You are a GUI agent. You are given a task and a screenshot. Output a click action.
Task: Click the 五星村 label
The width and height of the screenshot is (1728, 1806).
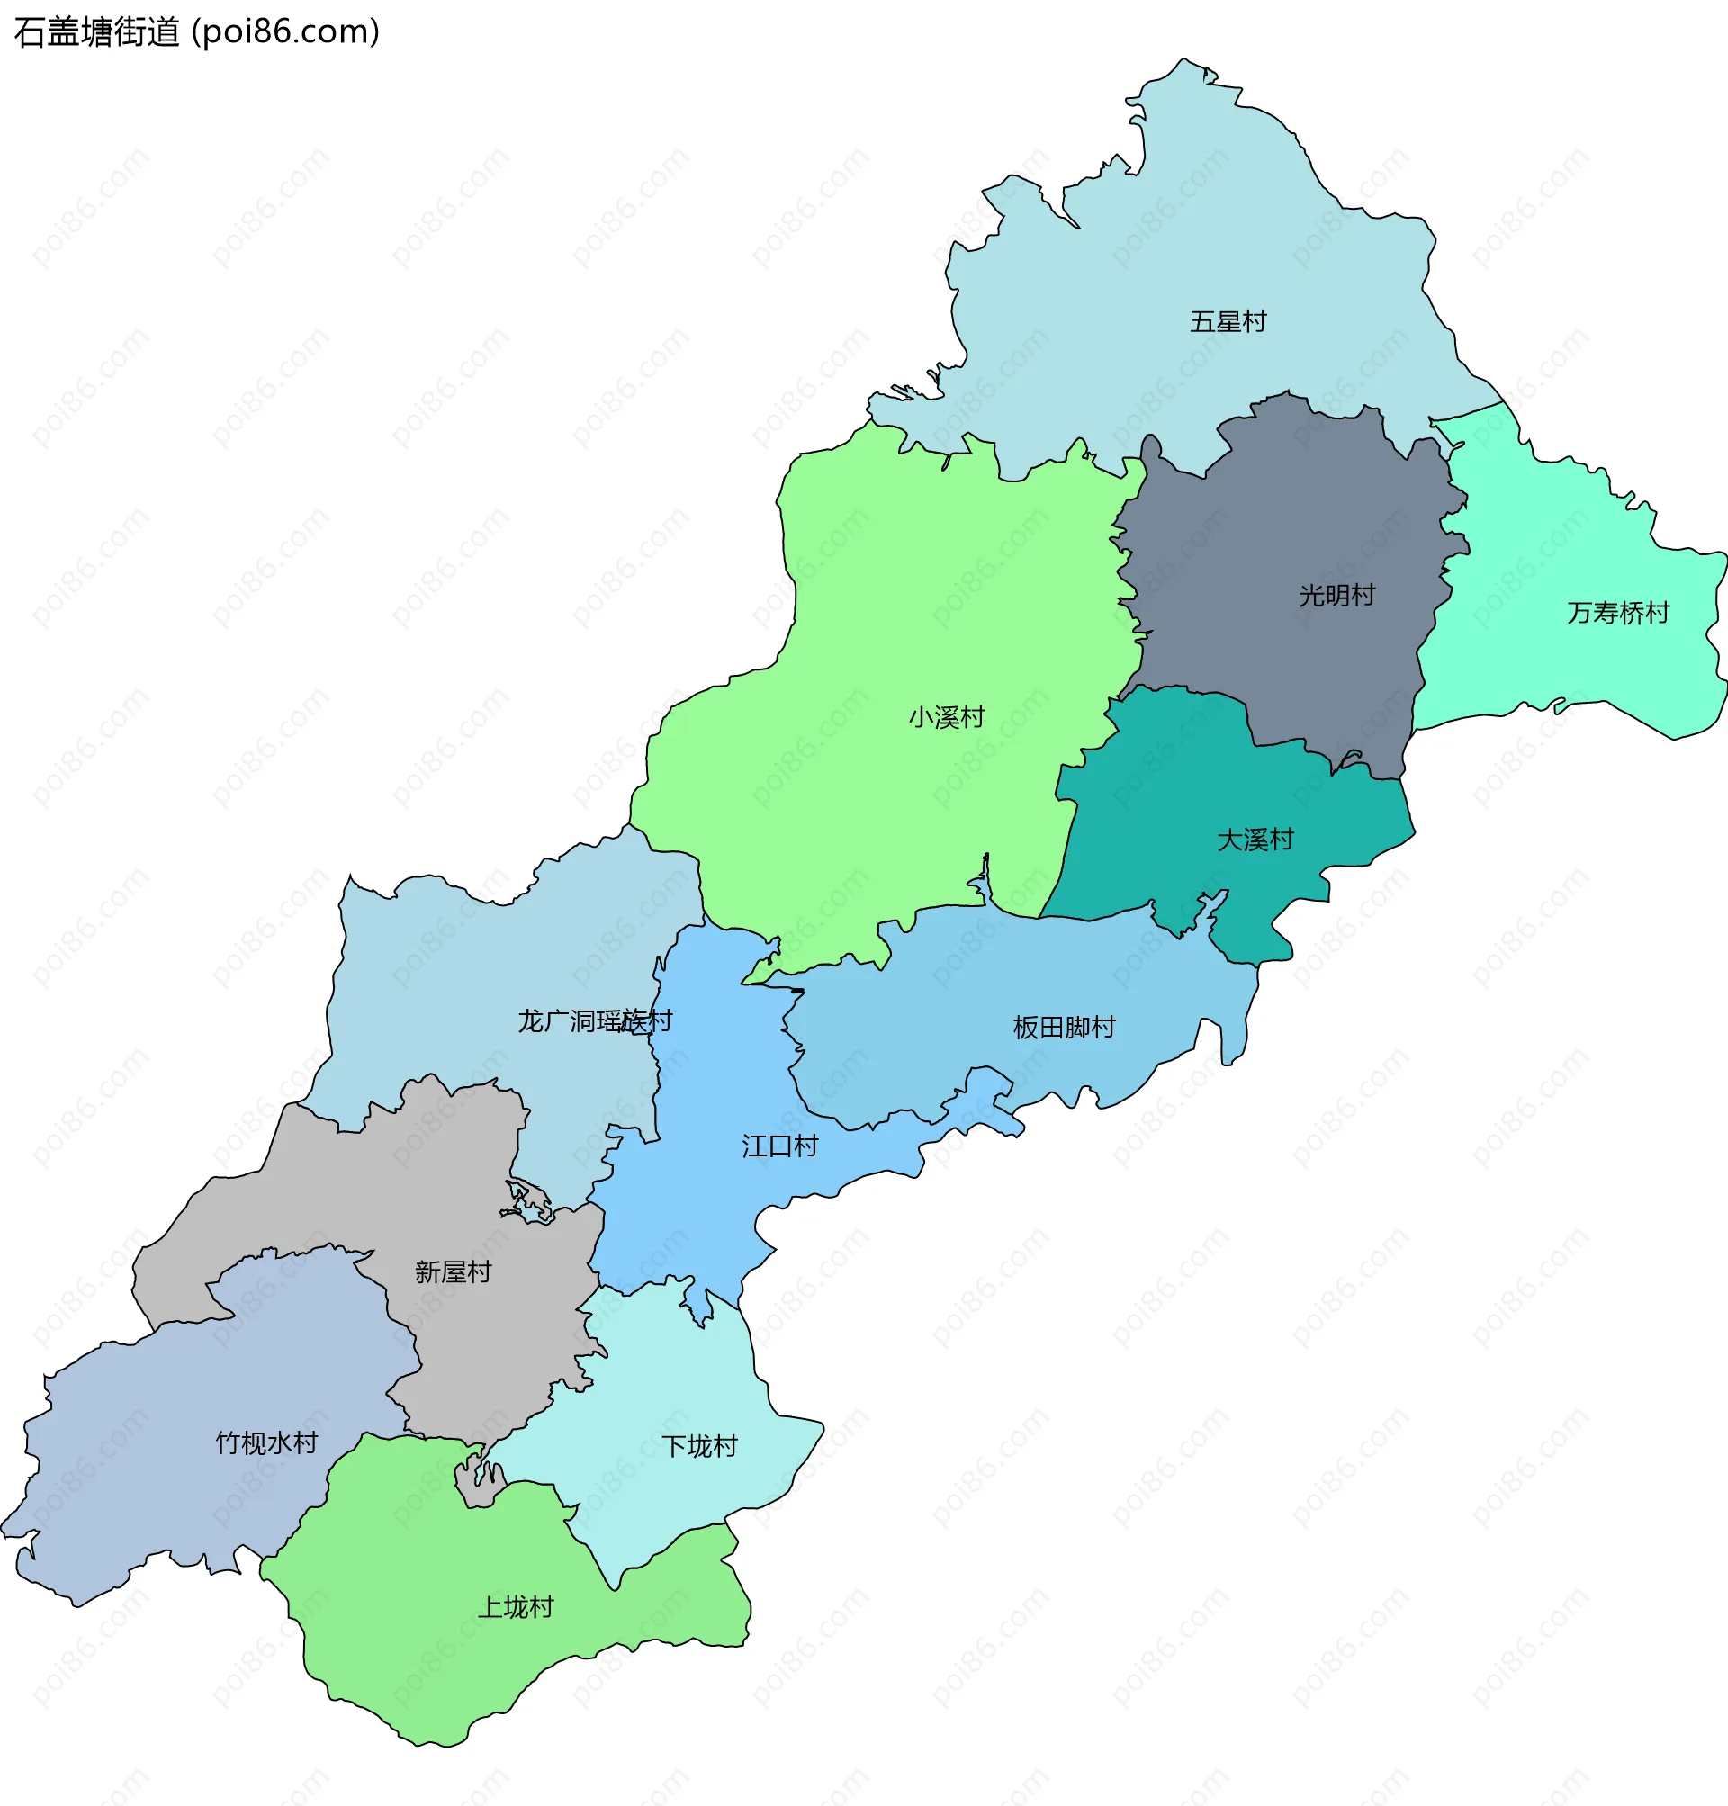(1228, 321)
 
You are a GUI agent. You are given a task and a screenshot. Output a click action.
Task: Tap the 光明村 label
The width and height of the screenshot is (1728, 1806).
(1336, 595)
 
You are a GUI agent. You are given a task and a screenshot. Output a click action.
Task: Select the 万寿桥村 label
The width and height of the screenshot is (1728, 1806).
(1617, 613)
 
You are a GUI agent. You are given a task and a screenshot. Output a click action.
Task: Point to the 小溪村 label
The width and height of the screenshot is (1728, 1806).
(946, 716)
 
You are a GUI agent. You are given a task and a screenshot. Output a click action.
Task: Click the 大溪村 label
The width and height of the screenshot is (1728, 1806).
(1255, 839)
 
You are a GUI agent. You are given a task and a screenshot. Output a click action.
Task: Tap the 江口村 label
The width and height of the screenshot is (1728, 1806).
(779, 1146)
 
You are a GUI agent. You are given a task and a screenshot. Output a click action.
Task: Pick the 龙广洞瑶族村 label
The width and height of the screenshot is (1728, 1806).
(594, 1020)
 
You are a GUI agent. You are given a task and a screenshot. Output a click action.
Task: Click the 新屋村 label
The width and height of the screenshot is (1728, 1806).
(453, 1271)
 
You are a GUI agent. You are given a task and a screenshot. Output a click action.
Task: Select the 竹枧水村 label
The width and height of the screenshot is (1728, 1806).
(266, 1442)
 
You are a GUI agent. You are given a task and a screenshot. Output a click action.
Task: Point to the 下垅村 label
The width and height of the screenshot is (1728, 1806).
(699, 1446)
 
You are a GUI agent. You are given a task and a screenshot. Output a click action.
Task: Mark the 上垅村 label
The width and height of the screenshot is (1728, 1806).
(515, 1607)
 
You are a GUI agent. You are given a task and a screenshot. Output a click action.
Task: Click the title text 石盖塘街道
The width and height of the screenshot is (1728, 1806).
(96, 32)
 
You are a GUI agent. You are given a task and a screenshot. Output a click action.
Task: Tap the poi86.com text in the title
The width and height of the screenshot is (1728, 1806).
(285, 32)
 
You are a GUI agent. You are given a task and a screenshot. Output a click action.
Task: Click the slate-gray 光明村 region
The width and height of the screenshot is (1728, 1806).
(1281, 516)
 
